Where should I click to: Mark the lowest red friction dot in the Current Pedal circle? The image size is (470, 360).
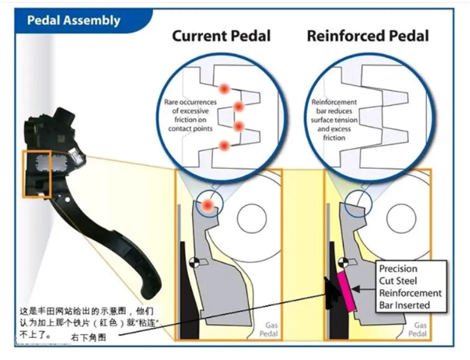click(x=226, y=144)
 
